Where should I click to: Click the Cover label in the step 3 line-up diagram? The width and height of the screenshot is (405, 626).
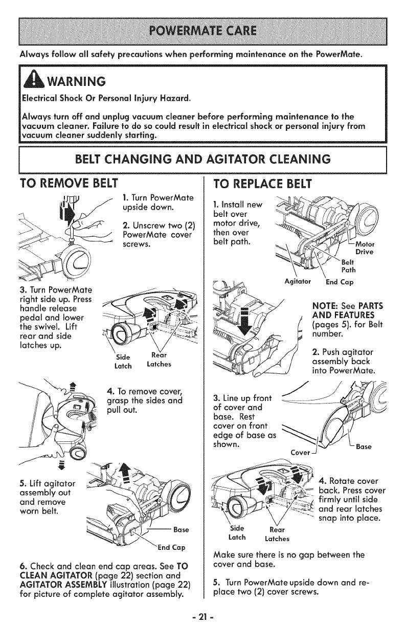(299, 452)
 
